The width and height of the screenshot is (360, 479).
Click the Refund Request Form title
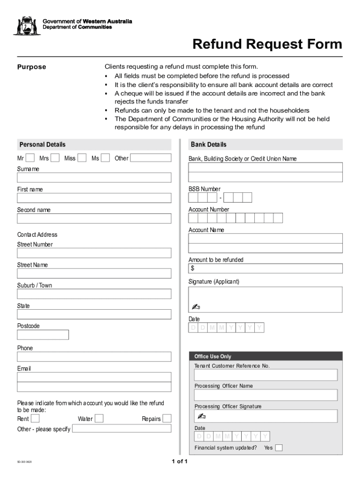pyautogui.click(x=267, y=44)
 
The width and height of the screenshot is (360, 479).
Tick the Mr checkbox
pyautogui.click(x=30, y=158)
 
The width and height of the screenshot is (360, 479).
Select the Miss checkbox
pyautogui.click(x=82, y=158)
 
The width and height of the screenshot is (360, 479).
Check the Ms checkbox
pyautogui.click(x=106, y=158)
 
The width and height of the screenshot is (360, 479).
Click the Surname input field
pyautogui.click(x=94, y=178)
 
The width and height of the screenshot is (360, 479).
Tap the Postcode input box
pyautogui.click(x=43, y=334)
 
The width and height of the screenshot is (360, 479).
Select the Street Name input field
pyautogui.click(x=94, y=274)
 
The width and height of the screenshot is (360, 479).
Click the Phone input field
pyautogui.click(x=94, y=356)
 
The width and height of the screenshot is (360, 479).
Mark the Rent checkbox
pyautogui.click(x=35, y=418)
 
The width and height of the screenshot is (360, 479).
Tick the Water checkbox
pyautogui.click(x=99, y=418)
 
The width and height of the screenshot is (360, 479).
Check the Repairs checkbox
pyautogui.click(x=166, y=418)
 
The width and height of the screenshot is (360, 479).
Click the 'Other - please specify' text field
pyautogui.click(x=122, y=428)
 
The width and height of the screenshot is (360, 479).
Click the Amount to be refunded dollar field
pyautogui.click(x=266, y=269)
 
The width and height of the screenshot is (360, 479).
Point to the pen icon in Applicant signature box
pyautogui.click(x=196, y=307)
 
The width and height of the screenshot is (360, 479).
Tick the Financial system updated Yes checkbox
pyautogui.click(x=279, y=448)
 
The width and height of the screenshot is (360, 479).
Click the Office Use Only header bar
pyautogui.click(x=266, y=356)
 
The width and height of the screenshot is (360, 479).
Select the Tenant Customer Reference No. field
pyautogui.click(x=266, y=375)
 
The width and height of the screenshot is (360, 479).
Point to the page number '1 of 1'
pyautogui.click(x=180, y=462)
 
